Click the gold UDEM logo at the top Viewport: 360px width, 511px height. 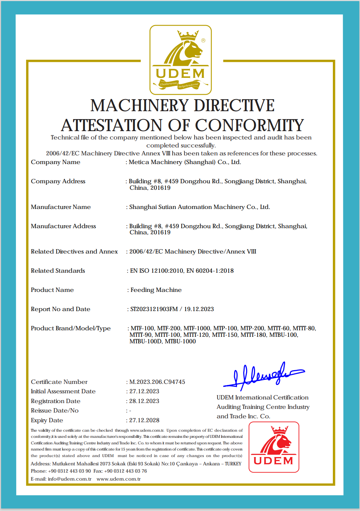pyautogui.click(x=181, y=60)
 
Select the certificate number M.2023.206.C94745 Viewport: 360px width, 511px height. pyautogui.click(x=157, y=382)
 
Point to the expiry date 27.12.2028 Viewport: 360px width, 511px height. pyautogui.click(x=144, y=420)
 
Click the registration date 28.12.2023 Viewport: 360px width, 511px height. pyautogui.click(x=144, y=401)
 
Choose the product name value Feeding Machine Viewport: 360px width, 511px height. pyautogui.click(x=156, y=290)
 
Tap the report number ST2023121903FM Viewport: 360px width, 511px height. pyautogui.click(x=154, y=309)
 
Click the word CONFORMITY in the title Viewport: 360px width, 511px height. pyautogui.click(x=250, y=125)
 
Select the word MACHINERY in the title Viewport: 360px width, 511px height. pyautogui.click(x=140, y=106)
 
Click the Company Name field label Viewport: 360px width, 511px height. pyautogui.click(x=56, y=162)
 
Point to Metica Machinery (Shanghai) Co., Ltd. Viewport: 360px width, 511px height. pyautogui.click(x=185, y=162)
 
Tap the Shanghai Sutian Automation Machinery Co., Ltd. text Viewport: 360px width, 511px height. pyautogui.click(x=199, y=207)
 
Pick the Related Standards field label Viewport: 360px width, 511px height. pyautogui.click(x=58, y=271)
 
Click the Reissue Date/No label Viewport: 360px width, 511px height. pyautogui.click(x=55, y=410)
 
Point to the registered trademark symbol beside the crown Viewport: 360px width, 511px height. pyautogui.click(x=203, y=41)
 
